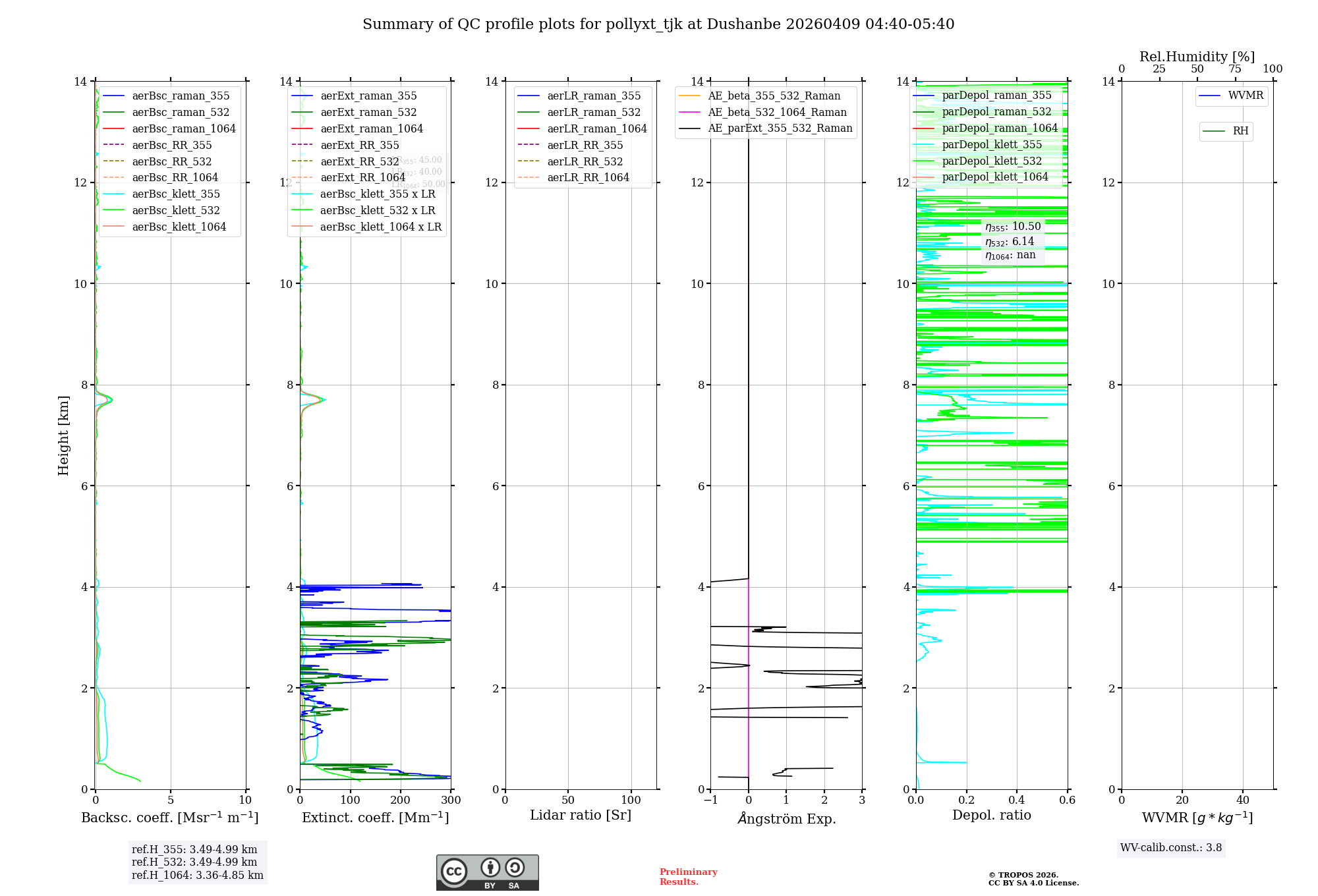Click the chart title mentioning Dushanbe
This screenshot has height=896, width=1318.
[658, 24]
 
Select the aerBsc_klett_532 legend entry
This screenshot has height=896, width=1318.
[175, 210]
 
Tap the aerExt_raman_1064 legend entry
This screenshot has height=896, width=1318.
[372, 128]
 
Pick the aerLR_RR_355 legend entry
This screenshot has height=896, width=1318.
[585, 145]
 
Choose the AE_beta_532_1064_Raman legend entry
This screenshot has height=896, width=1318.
[777, 112]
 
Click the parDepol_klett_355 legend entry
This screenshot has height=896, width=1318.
[992, 144]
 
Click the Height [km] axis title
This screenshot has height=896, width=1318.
[63, 435]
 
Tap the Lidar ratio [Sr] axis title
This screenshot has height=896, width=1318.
[581, 815]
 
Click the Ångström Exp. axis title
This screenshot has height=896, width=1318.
[787, 818]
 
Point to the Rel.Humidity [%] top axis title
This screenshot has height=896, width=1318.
[1197, 57]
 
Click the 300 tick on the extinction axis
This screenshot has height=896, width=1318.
[451, 800]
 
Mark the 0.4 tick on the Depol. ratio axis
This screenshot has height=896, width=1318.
[1017, 800]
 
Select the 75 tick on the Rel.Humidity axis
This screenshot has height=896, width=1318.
[1235, 69]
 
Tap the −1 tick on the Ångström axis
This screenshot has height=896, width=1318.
[710, 800]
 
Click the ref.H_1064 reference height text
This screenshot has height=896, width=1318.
[197, 875]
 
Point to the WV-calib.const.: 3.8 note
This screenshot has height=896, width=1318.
[1171, 848]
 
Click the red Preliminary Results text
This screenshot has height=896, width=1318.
[688, 877]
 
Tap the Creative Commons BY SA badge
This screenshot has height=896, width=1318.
[487, 873]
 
